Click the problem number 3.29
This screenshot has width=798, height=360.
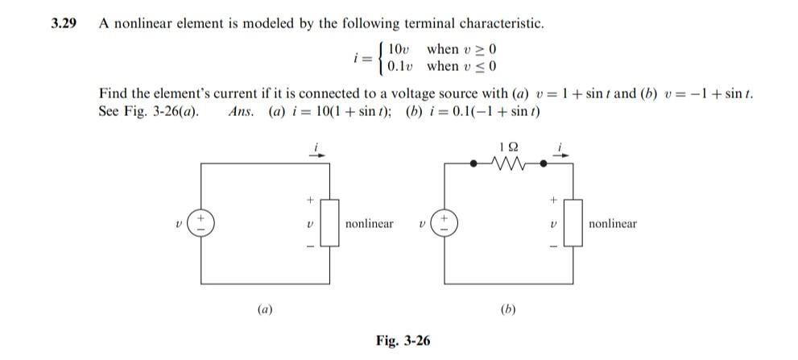[64, 23]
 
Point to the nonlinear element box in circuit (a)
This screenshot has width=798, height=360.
[330, 224]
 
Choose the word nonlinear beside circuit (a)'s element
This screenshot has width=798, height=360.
[369, 223]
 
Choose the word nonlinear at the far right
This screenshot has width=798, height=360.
[612, 223]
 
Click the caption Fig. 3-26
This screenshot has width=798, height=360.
[403, 341]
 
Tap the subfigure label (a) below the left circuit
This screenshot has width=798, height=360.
[264, 309]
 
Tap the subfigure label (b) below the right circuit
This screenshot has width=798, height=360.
[508, 309]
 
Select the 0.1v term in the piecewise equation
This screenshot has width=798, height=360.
[402, 66]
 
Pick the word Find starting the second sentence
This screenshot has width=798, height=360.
[111, 94]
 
